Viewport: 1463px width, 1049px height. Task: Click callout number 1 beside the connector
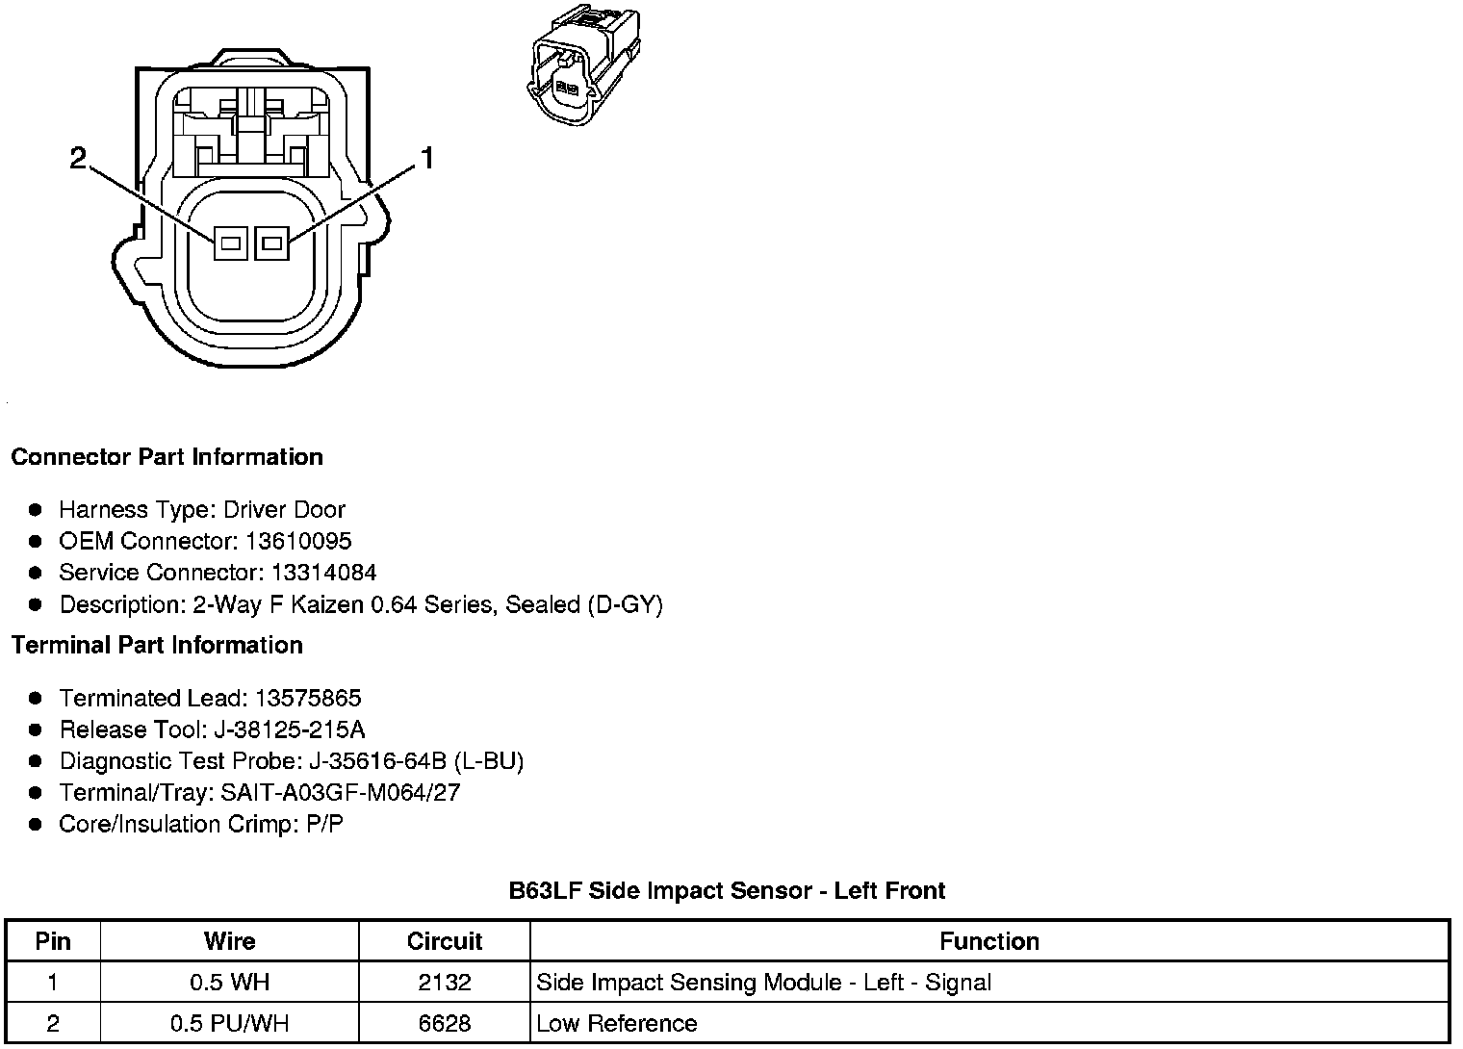pos(426,158)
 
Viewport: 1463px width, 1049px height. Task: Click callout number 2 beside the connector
pos(79,158)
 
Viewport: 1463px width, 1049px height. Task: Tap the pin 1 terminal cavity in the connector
pos(271,243)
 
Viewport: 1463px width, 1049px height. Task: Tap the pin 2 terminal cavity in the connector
pos(230,243)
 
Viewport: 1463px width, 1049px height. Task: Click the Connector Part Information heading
pos(167,457)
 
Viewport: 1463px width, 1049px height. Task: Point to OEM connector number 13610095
pos(298,541)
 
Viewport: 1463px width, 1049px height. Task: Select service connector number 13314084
pos(323,573)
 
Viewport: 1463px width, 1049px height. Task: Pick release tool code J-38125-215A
pos(286,729)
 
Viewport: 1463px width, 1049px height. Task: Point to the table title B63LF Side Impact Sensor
pos(727,891)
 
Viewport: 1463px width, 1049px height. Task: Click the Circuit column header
pos(445,941)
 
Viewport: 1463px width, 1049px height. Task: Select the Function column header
pos(989,941)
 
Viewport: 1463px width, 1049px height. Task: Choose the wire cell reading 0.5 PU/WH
pos(229,1023)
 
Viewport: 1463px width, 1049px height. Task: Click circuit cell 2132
pos(445,983)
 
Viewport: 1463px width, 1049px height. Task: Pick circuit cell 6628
pos(445,1023)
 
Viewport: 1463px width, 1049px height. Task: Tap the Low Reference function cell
pos(616,1023)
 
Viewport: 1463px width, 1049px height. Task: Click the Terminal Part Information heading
pos(157,645)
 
